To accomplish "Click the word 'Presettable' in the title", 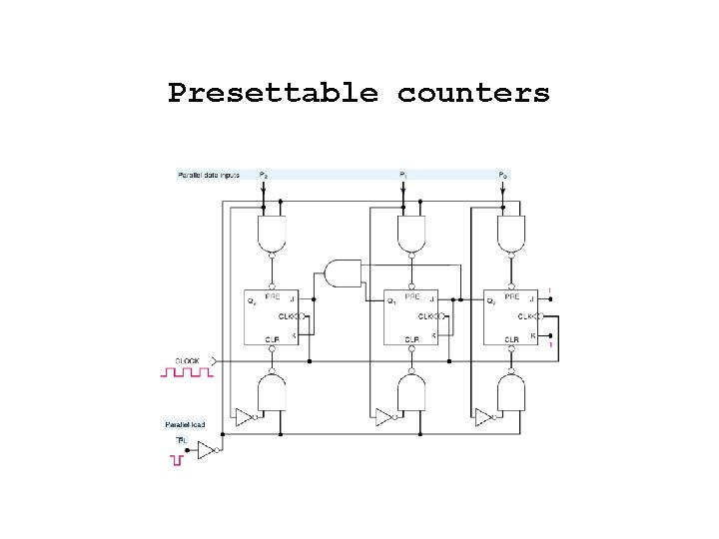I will tap(273, 94).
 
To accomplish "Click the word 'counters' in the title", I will tap(473, 94).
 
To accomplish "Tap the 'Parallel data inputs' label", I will tap(209, 176).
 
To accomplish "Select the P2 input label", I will tap(264, 176).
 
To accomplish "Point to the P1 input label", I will tap(402, 176).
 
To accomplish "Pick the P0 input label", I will tap(503, 176).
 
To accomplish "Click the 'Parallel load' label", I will tap(186, 424).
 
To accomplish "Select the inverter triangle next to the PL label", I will tap(205, 450).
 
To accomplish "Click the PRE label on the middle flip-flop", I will tap(411, 297).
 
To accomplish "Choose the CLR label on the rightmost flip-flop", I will tap(511, 339).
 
